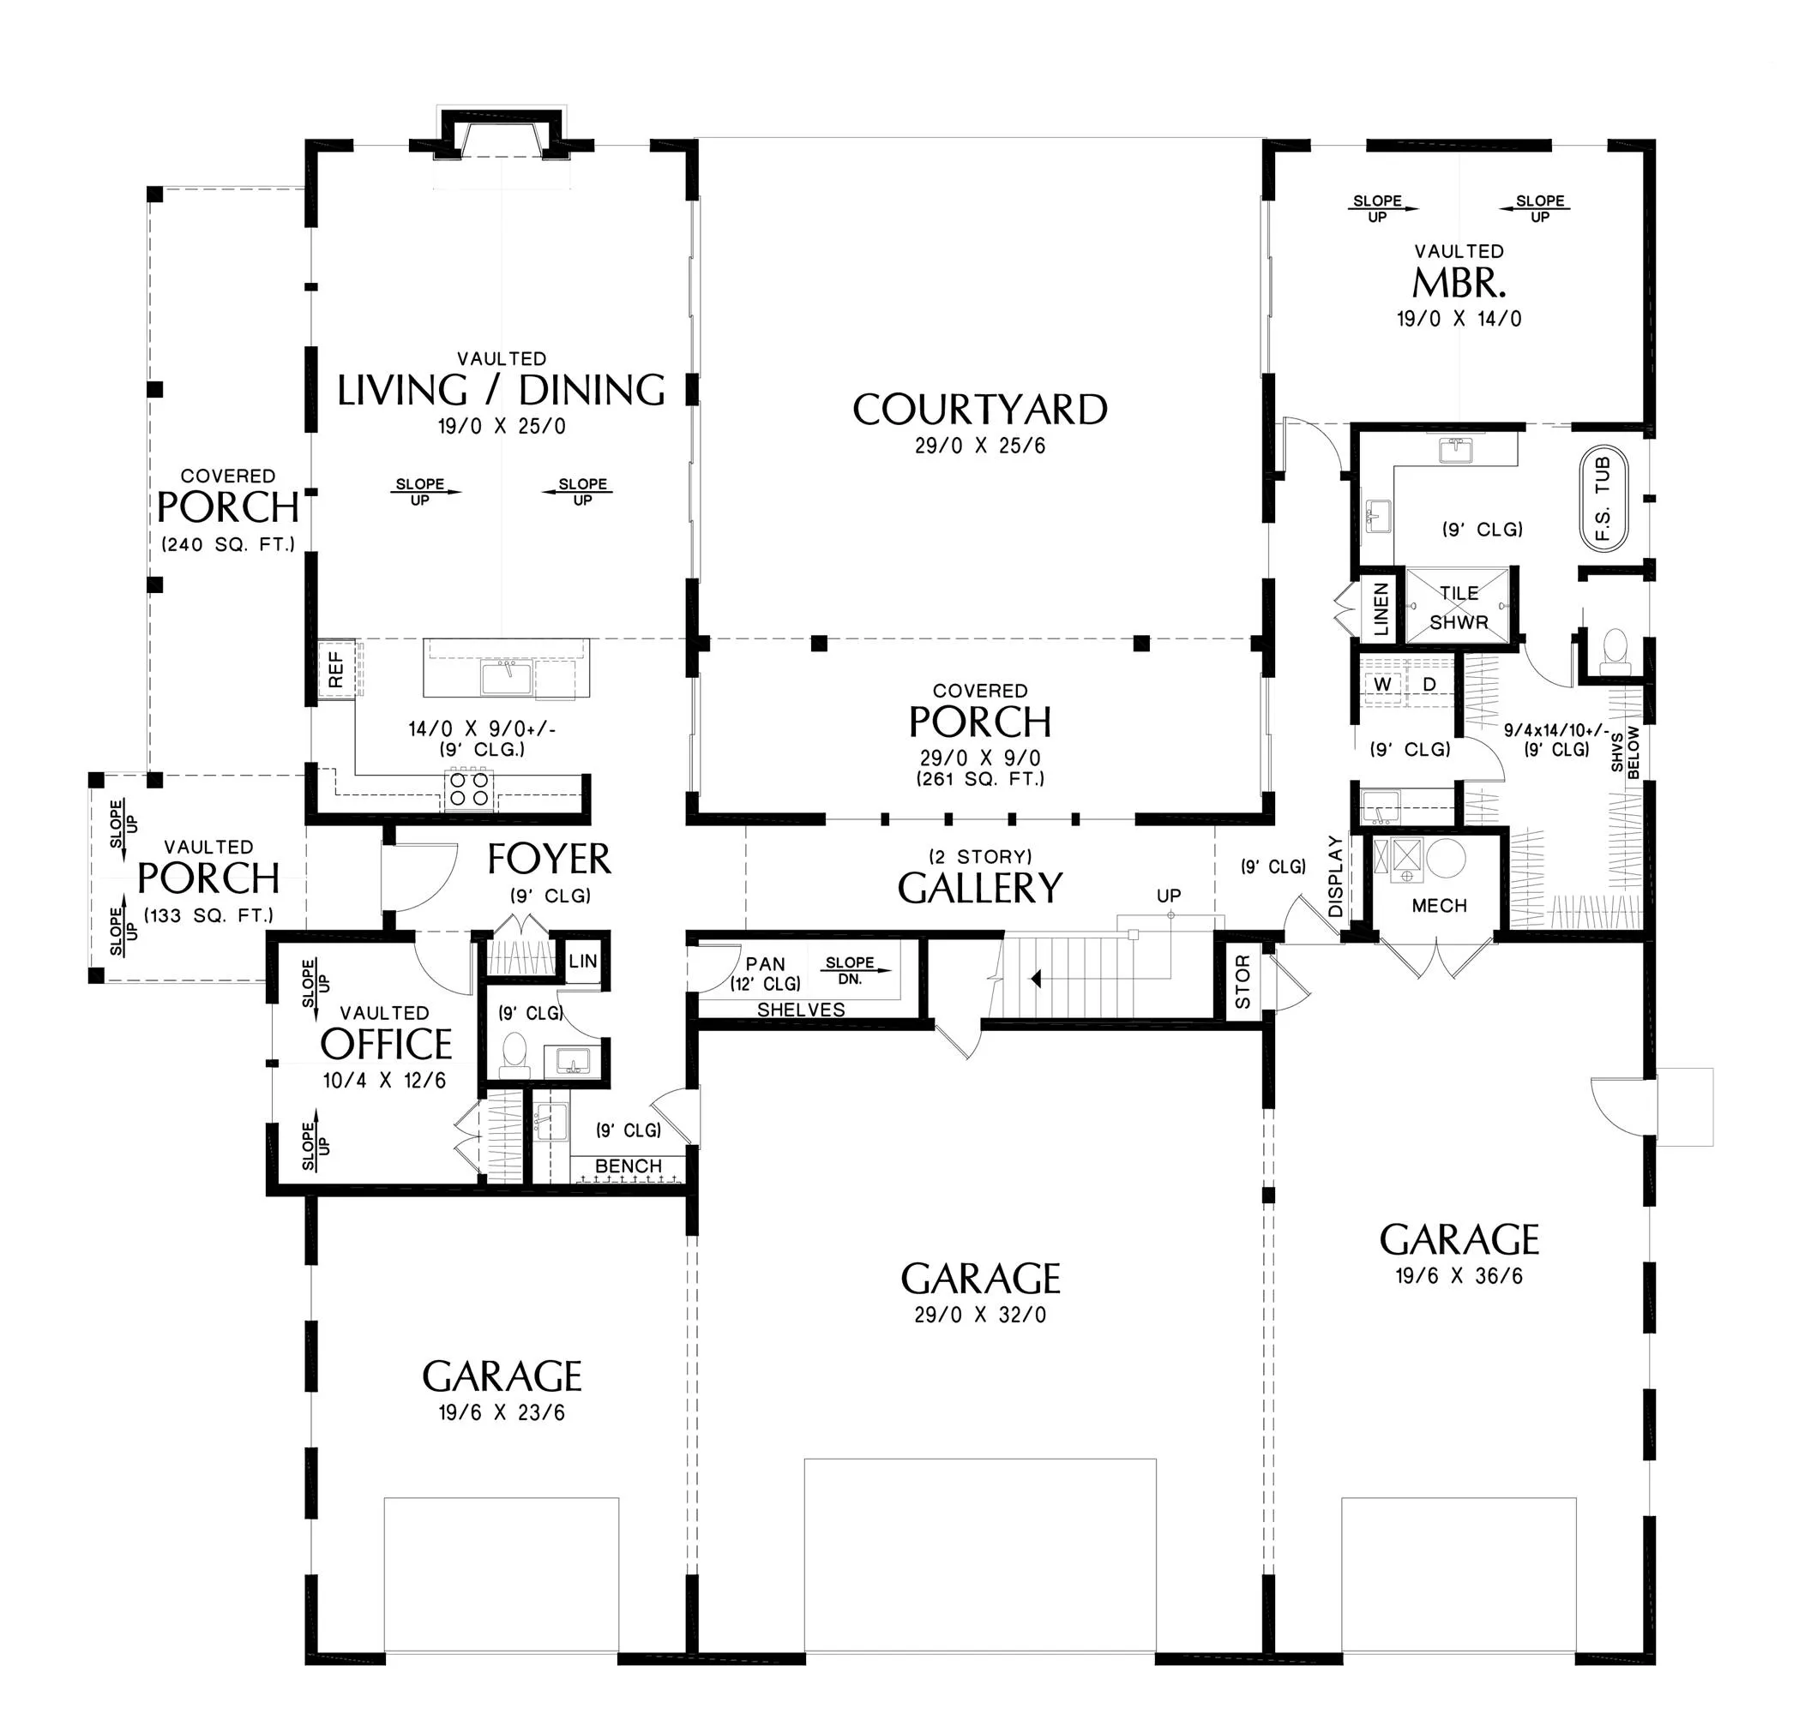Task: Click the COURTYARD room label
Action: click(x=980, y=411)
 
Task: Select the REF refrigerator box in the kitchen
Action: click(x=335, y=669)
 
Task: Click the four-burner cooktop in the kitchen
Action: click(x=469, y=789)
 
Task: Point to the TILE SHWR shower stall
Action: click(x=1458, y=606)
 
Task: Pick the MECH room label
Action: click(x=1439, y=906)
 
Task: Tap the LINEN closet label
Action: click(x=1381, y=609)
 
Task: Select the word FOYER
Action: click(x=548, y=860)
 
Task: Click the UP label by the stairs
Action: click(x=1169, y=896)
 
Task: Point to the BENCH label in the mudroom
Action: click(x=628, y=1166)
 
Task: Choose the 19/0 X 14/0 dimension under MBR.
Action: click(x=1459, y=319)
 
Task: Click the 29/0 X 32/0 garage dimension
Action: click(x=980, y=1315)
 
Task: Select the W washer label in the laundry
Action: click(x=1383, y=685)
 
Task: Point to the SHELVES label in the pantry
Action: click(x=801, y=1010)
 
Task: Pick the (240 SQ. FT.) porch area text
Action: click(x=228, y=544)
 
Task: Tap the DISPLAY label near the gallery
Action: click(x=1335, y=876)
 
